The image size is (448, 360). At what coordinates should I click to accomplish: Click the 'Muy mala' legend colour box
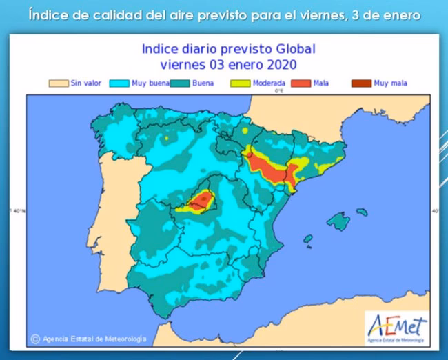360,83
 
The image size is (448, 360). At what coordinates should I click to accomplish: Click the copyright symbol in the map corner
34,339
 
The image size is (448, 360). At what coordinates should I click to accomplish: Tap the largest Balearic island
338,221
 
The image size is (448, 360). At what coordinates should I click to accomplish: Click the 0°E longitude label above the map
280,90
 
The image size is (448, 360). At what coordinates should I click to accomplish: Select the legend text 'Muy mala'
391,83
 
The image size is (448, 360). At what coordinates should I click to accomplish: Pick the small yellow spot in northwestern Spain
165,138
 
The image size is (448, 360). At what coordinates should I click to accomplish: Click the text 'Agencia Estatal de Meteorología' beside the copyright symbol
94,339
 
